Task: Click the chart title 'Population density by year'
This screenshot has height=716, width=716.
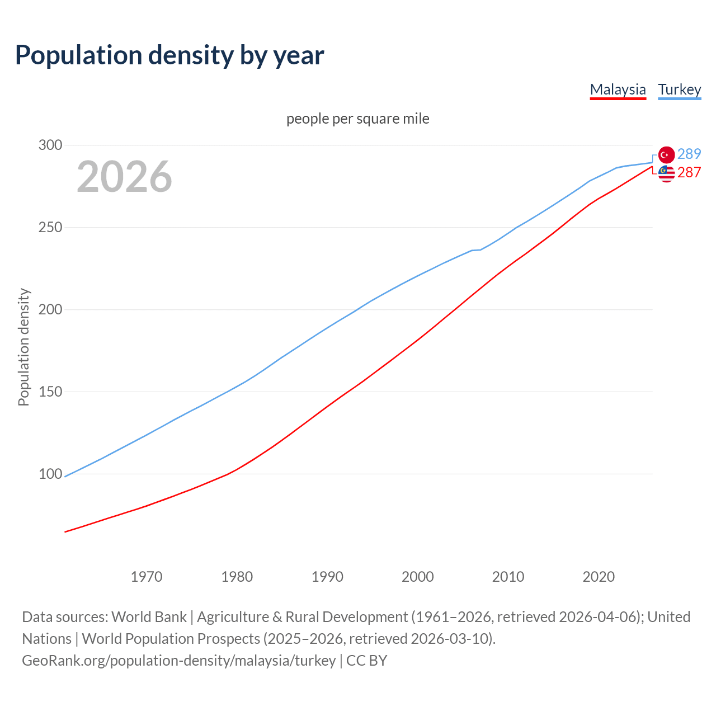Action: tap(169, 55)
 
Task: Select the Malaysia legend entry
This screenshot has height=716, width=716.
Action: tap(618, 89)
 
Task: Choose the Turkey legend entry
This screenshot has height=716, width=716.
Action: tap(679, 89)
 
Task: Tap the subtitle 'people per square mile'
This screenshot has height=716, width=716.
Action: tap(357, 119)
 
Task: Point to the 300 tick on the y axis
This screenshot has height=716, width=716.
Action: tap(50, 145)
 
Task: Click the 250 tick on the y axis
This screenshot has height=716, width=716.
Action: tap(50, 228)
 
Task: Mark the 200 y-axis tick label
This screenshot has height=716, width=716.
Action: tap(50, 310)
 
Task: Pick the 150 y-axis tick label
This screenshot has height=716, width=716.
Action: tap(50, 392)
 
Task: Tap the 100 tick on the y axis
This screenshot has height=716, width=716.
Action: tap(50, 474)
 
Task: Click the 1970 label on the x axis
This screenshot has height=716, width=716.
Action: tap(147, 577)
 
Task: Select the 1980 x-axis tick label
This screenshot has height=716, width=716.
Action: tap(237, 577)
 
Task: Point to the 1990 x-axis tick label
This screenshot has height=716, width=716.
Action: tap(327, 577)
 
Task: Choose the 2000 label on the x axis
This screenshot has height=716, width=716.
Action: tap(418, 577)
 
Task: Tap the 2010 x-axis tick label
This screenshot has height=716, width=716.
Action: tap(508, 577)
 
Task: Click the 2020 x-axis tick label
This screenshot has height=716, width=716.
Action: tap(599, 577)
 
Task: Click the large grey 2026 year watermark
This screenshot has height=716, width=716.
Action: tap(124, 177)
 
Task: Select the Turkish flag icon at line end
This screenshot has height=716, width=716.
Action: tap(666, 155)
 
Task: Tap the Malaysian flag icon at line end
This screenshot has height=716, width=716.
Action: tap(666, 174)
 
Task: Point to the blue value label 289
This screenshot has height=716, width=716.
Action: tap(689, 154)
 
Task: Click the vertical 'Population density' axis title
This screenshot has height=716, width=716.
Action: tap(23, 347)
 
